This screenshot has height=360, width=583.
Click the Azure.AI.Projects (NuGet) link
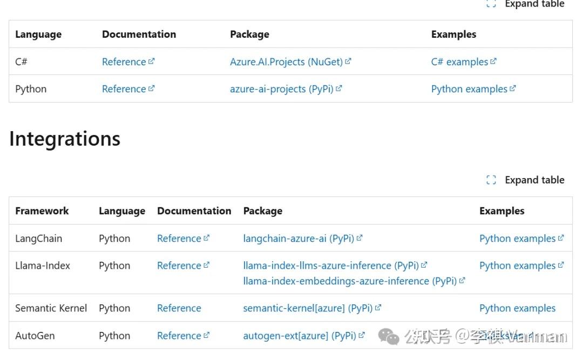[x=286, y=62]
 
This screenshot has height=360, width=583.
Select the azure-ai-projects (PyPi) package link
[x=281, y=89]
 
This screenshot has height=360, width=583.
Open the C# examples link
[x=459, y=62]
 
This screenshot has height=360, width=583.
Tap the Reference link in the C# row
[x=124, y=62]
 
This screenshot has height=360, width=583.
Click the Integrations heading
[x=65, y=139]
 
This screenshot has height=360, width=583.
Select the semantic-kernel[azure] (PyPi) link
[x=308, y=308]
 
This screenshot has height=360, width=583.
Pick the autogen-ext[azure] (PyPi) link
[x=300, y=336]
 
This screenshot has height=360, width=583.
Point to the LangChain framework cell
[x=38, y=239]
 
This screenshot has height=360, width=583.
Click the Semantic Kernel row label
[x=51, y=308]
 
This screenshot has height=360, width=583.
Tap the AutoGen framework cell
[x=35, y=336]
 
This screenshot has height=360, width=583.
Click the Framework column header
[x=42, y=211]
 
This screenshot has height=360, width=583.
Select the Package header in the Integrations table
[x=262, y=211]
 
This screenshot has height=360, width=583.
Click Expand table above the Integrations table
[x=526, y=180]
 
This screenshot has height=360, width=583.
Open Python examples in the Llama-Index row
[x=517, y=266]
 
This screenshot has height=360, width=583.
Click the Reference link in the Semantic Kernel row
[x=179, y=308]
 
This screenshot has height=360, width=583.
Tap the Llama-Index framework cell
[x=42, y=266]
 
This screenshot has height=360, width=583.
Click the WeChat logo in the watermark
[x=389, y=336]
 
